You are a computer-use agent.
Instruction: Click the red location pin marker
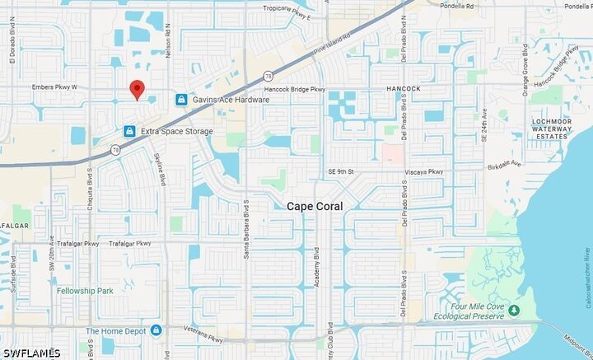point(138,90)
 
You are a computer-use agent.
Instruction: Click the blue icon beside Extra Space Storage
point(129,131)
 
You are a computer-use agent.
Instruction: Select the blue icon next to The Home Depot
point(156,330)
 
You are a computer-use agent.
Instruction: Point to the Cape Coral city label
point(315,206)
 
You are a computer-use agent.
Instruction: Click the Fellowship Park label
point(84,291)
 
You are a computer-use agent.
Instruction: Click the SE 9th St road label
point(340,171)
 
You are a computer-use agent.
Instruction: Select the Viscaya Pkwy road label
point(424,172)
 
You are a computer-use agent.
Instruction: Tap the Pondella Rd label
point(457,6)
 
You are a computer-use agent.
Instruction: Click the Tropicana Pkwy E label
point(264,7)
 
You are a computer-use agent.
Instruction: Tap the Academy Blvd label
point(317,267)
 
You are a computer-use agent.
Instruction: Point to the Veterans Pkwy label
point(204,338)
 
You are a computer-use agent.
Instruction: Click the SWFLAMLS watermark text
point(30,353)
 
